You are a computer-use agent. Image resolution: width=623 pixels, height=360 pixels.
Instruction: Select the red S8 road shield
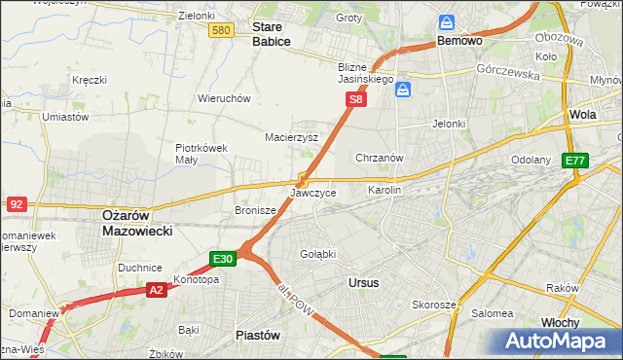coord(357,99)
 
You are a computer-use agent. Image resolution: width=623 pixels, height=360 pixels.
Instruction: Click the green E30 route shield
coord(222,259)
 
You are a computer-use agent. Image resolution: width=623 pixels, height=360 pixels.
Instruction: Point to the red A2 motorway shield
coord(157,290)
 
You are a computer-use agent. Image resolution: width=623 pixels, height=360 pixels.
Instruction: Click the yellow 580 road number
coord(221,31)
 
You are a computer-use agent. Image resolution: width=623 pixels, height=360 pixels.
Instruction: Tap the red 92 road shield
coord(16,204)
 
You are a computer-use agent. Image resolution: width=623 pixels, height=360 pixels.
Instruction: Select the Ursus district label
coord(363,282)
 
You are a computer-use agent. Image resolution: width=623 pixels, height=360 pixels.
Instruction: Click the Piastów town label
coord(258,334)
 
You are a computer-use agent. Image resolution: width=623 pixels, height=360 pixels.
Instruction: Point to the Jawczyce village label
coord(313,194)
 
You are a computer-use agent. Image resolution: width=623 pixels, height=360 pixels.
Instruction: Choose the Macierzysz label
coord(292,137)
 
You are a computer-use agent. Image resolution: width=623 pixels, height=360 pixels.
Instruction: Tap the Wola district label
coord(582,114)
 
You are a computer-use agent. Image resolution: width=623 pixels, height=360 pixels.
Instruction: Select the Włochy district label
coord(561,322)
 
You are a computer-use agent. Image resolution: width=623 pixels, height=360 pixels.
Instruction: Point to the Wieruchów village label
coord(225,98)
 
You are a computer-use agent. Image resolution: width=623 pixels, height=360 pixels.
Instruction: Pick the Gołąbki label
coord(317,254)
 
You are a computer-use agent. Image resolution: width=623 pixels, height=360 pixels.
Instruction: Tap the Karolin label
coord(384,191)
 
